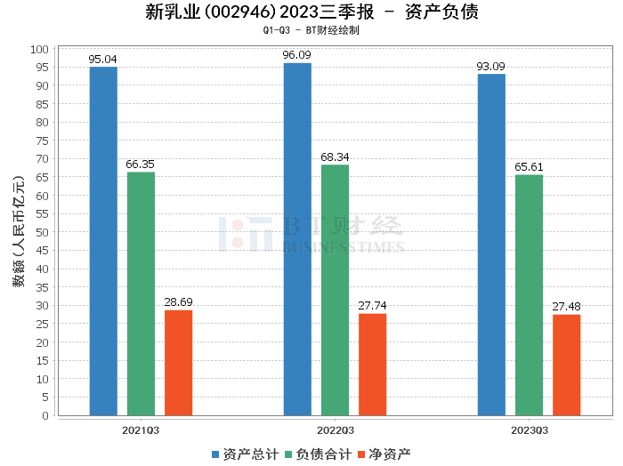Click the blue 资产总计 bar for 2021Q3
pyautogui.click(x=103, y=241)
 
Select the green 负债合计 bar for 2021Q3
pyautogui.click(x=141, y=293)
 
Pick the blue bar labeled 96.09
pyautogui.click(x=297, y=239)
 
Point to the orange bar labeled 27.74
pyautogui.click(x=372, y=365)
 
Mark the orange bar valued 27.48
pyautogui.click(x=566, y=365)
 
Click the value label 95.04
pyautogui.click(x=103, y=60)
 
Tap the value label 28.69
pyautogui.click(x=178, y=302)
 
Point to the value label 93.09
pyautogui.click(x=491, y=67)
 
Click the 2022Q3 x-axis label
pyautogui.click(x=335, y=430)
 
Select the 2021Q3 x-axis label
pyautogui.click(x=141, y=430)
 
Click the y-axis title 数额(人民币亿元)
pyautogui.click(x=18, y=232)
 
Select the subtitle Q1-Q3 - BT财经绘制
pyautogui.click(x=311, y=30)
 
